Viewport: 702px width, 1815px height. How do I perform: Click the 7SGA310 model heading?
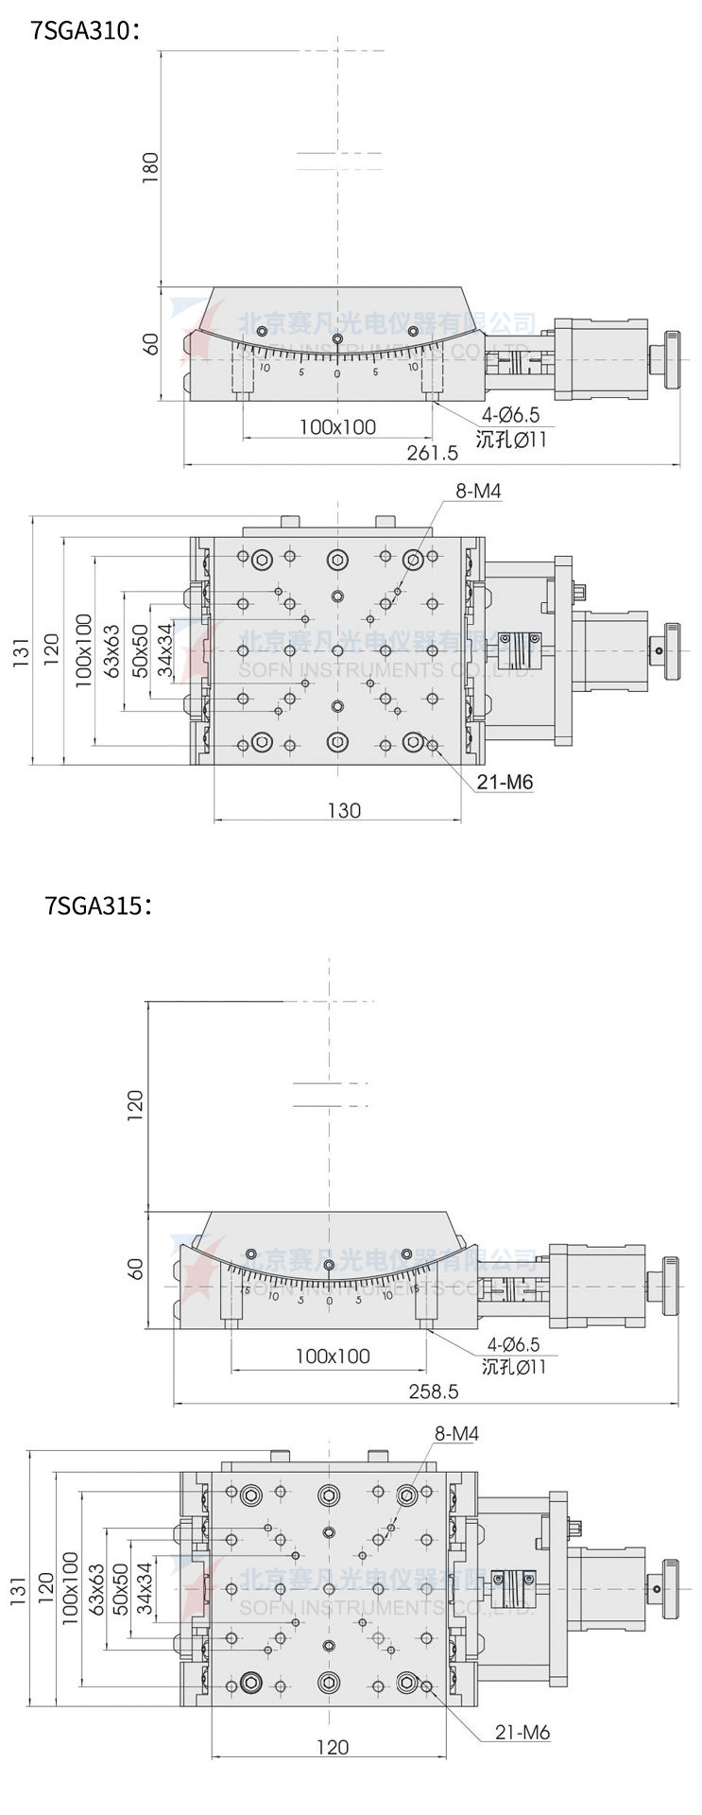pos(86,31)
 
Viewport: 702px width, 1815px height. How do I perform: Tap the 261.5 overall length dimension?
pos(432,453)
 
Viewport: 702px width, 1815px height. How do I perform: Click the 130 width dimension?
pos(344,809)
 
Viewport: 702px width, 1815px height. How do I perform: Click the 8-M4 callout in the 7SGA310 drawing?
pos(478,492)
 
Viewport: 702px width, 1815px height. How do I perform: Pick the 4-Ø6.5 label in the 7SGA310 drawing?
pos(511,415)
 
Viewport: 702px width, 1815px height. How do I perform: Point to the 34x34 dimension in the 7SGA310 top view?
pos(165,649)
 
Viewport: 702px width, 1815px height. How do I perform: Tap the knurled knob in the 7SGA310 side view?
pos(673,359)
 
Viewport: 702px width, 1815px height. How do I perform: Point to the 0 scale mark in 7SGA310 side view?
pos(337,374)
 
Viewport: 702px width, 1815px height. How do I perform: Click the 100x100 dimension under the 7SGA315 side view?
pos(333,1356)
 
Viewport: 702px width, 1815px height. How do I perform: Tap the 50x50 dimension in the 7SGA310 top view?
pos(140,649)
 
